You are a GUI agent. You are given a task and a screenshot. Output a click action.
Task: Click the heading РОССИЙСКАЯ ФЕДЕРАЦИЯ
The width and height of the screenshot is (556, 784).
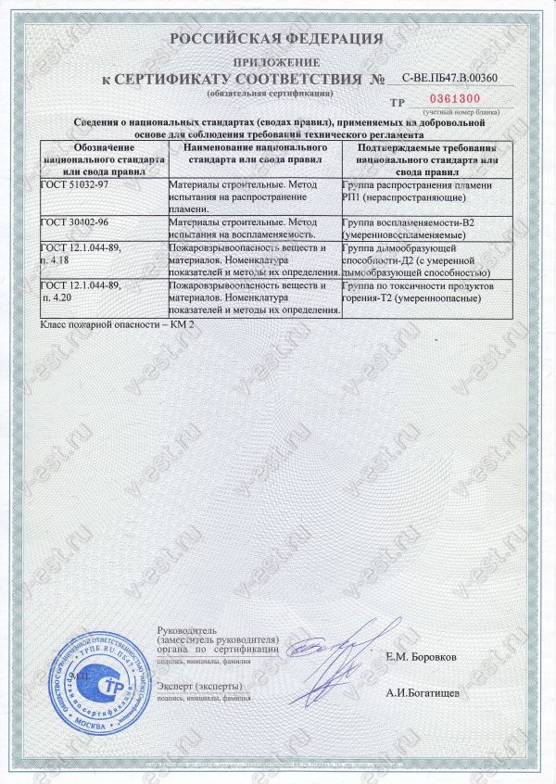pyautogui.click(x=277, y=39)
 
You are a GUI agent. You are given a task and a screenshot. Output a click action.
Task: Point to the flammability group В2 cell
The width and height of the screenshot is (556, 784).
pyautogui.click(x=423, y=229)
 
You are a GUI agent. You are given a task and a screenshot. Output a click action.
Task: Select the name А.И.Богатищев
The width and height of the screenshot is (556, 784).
pyautogui.click(x=422, y=692)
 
